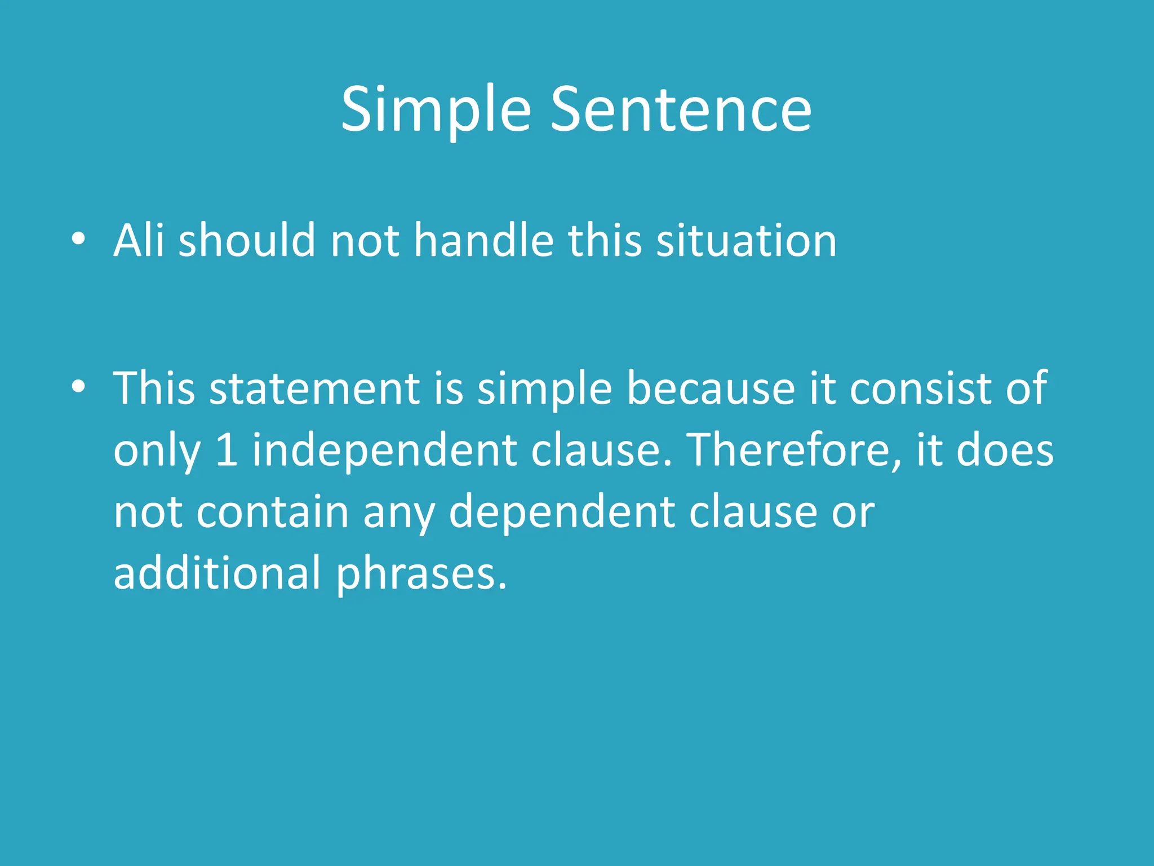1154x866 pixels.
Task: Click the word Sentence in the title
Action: [681, 110]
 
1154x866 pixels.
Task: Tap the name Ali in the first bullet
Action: [139, 241]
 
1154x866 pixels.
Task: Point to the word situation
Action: [747, 241]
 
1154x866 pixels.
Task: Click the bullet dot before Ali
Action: [78, 239]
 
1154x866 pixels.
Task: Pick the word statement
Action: [314, 389]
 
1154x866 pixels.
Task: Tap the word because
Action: [711, 389]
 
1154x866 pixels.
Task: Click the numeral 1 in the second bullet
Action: [227, 450]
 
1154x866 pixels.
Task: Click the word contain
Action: [273, 512]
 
